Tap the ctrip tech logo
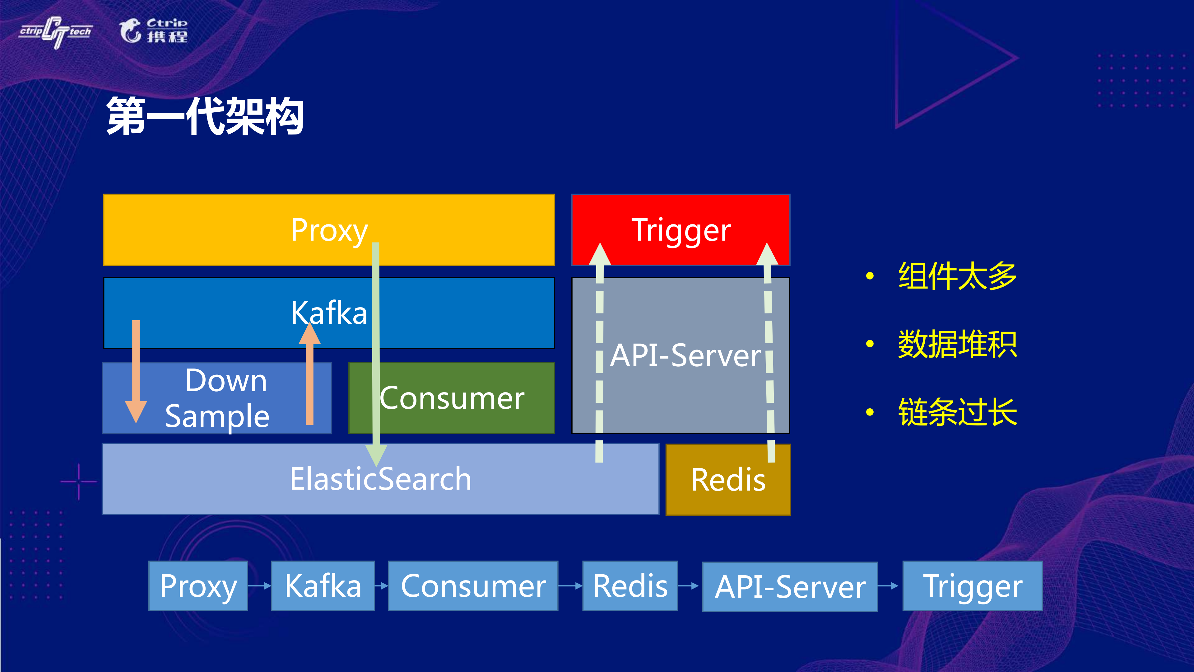(56, 31)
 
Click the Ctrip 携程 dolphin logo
(153, 31)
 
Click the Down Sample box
(217, 398)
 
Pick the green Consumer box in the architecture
(452, 398)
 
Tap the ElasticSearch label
(380, 479)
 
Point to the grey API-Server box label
(685, 356)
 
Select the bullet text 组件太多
(957, 276)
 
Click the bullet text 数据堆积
(957, 344)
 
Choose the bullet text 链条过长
(957, 412)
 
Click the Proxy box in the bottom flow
(198, 586)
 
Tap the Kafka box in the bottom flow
(323, 586)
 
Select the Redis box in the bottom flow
(630, 586)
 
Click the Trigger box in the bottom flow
(972, 586)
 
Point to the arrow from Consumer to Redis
(570, 586)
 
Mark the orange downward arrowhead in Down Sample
(136, 411)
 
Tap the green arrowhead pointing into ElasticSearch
(376, 454)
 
